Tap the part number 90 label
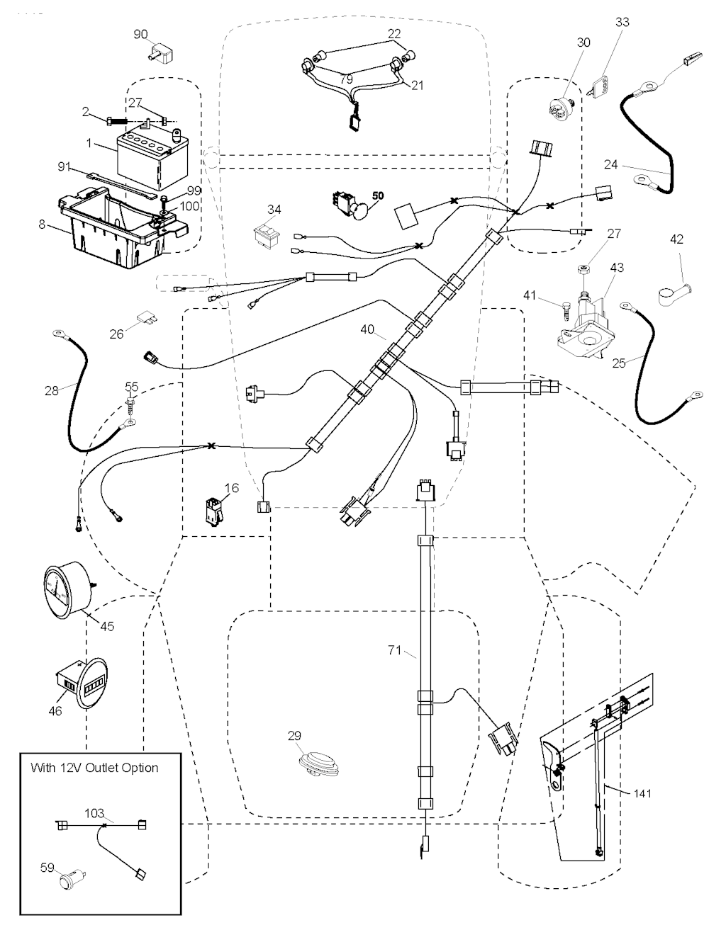tap(140, 34)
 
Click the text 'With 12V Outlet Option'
tap(94, 768)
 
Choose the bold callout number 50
tap(378, 195)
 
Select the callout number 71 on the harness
tap(395, 649)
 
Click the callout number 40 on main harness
tap(367, 329)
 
